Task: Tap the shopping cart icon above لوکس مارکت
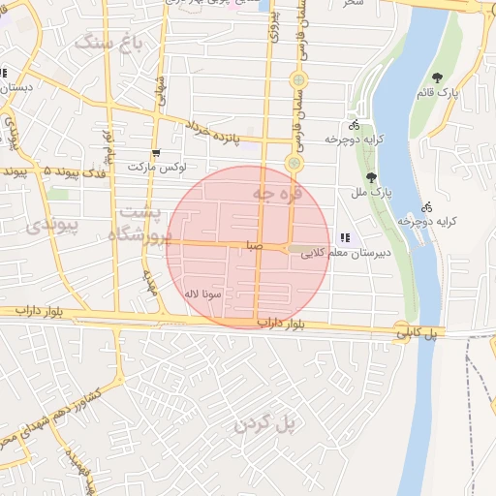coord(155,153)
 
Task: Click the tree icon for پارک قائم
coord(438,77)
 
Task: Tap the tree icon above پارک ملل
coord(372,177)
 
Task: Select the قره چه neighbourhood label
coord(278,194)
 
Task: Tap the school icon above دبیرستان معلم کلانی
coord(345,237)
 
